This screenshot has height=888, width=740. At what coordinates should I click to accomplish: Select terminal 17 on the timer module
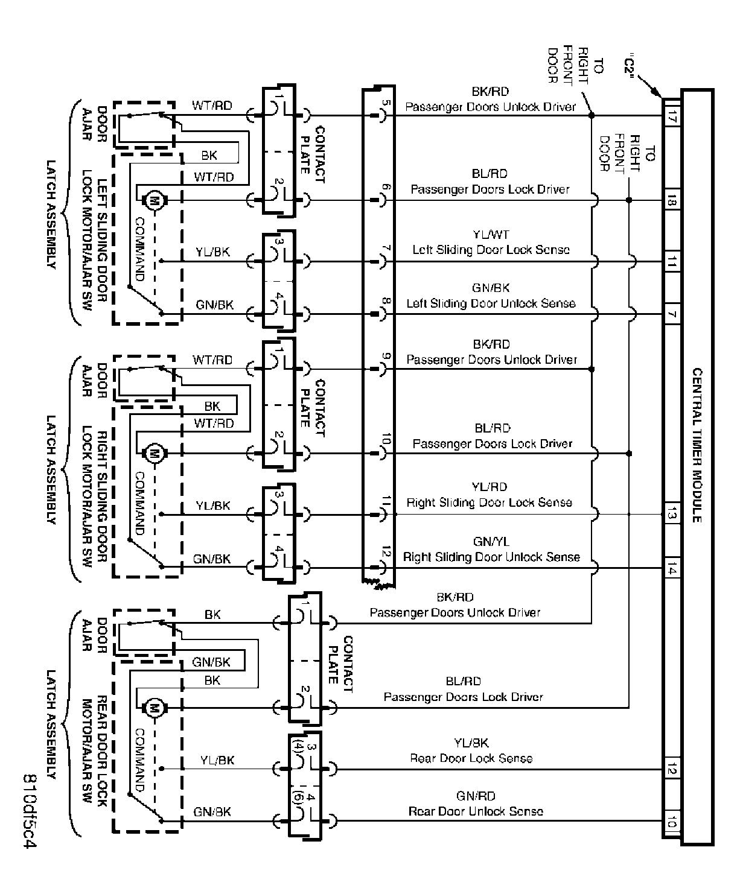[671, 115]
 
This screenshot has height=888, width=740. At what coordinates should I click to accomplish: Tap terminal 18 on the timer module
[671, 200]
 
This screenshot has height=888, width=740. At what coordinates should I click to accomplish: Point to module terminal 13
[671, 514]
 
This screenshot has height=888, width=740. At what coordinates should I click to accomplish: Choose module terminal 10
[671, 822]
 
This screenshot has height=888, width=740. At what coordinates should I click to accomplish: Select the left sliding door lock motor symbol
[153, 200]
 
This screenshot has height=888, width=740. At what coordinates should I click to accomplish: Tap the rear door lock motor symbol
[153, 707]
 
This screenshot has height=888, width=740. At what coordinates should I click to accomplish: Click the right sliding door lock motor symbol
[153, 452]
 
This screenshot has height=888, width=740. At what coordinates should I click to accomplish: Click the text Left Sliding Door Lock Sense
[491, 249]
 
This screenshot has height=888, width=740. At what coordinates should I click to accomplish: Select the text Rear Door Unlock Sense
[476, 811]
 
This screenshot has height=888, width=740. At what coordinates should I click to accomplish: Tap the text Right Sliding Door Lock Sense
[489, 502]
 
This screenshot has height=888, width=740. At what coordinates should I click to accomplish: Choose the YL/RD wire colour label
[490, 487]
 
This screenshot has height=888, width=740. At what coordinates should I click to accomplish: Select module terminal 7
[671, 314]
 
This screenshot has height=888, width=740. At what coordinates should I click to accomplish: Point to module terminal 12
[671, 770]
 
